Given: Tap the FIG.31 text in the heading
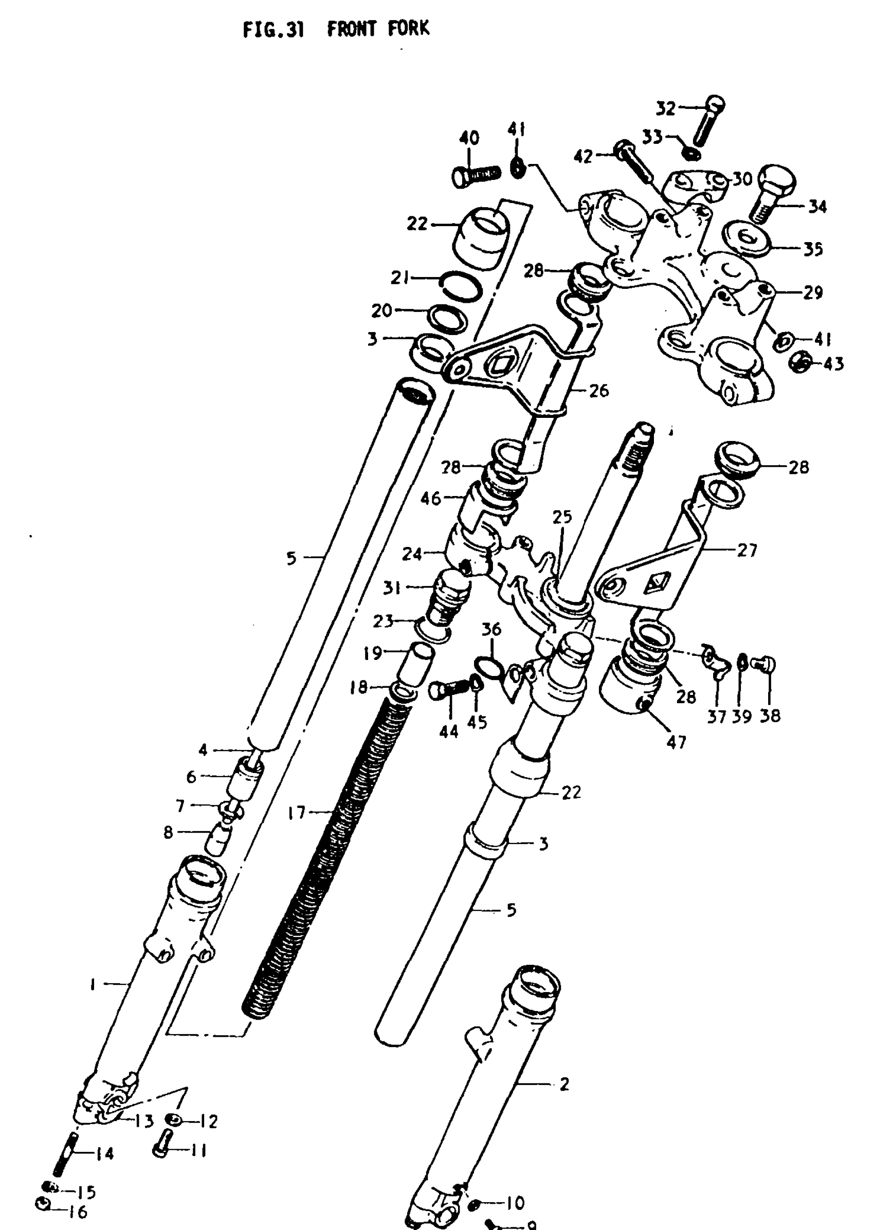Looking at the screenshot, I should (x=274, y=30).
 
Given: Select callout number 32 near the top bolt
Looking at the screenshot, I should (x=666, y=108).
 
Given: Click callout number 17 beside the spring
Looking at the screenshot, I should (x=297, y=813).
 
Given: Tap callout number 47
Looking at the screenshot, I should (x=677, y=742).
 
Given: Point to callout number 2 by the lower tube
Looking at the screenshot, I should (x=564, y=1084).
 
